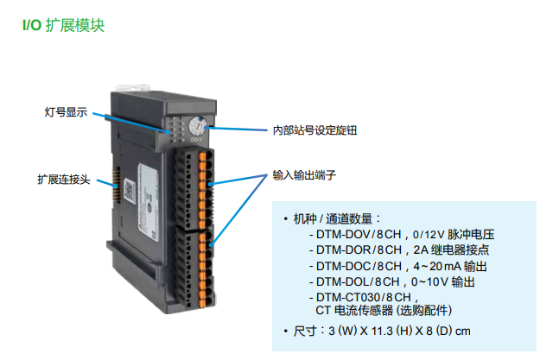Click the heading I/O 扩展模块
[x=63, y=26]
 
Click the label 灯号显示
[x=66, y=112]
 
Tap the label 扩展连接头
[x=63, y=180]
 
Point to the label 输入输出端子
[x=303, y=174]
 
